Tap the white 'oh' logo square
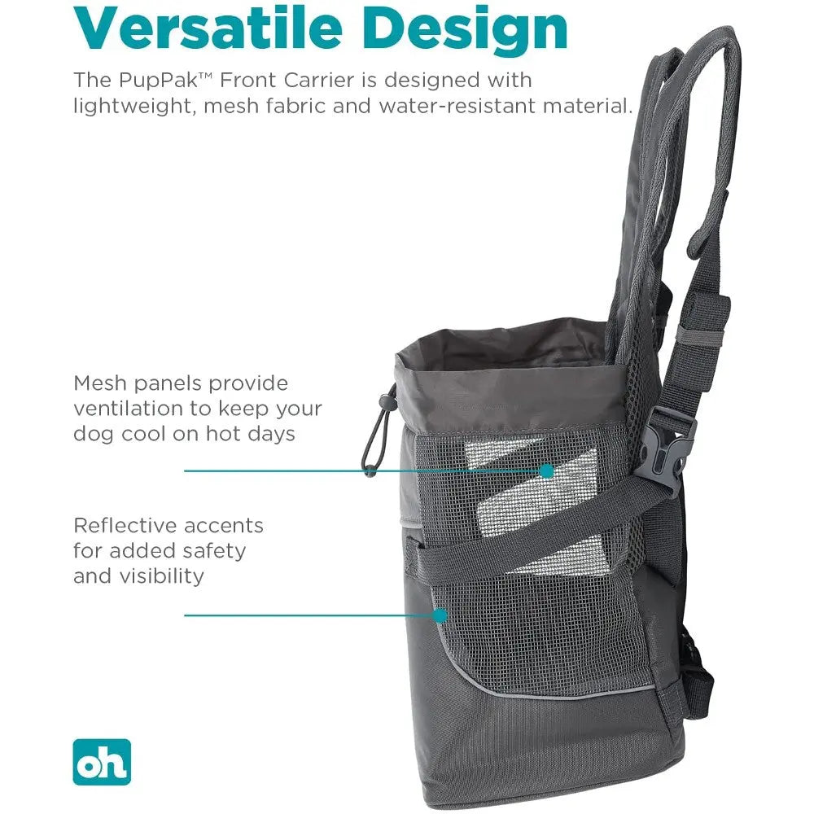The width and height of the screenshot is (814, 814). tap(101, 762)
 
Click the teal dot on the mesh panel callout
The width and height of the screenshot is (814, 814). tap(546, 470)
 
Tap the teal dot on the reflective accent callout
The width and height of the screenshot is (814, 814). tap(440, 615)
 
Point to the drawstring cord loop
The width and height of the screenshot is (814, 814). tap(379, 431)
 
